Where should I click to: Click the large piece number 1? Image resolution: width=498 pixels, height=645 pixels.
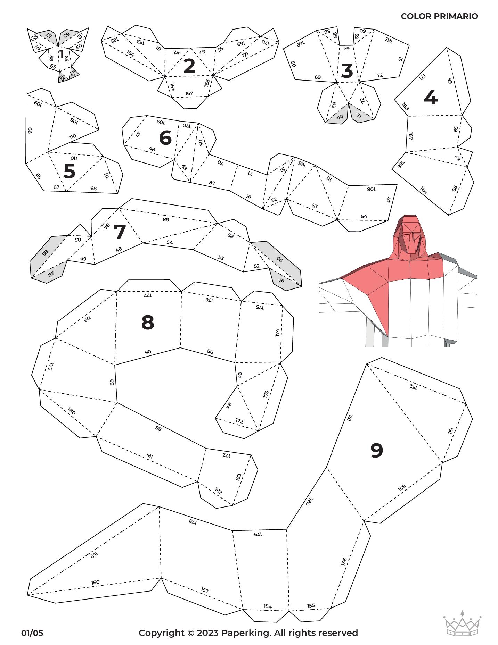62,55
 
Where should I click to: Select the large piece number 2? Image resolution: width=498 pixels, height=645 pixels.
189,66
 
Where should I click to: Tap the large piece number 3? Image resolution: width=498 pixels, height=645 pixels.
347,71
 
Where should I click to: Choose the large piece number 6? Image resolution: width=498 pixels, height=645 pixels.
165,137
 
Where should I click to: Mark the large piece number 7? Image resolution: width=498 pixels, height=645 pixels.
120,232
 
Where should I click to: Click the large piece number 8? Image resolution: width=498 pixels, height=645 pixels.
148,322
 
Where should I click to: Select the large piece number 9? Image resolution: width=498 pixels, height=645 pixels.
377,450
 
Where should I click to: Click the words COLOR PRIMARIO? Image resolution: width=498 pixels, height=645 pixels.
439,16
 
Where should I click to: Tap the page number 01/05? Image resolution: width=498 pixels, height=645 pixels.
32,633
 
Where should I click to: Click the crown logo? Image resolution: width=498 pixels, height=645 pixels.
462,623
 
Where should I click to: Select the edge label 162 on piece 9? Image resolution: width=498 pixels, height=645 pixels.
413,386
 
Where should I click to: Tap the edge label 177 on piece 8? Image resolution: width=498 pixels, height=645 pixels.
148,295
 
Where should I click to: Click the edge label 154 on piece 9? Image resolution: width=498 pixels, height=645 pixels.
267,606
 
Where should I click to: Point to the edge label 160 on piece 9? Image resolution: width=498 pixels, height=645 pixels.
95,582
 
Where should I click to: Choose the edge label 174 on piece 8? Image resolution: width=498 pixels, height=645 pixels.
277,332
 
